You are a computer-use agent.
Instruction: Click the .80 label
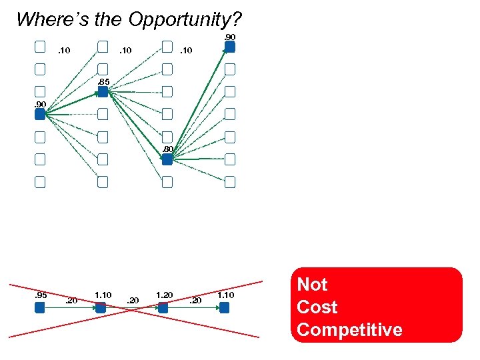[x=168, y=149]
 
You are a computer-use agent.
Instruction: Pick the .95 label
[x=41, y=295]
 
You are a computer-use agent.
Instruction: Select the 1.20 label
[x=164, y=295]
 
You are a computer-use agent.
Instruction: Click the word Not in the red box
[x=312, y=285]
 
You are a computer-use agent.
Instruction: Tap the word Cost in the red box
[x=317, y=307]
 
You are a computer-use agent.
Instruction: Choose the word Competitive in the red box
[x=349, y=329]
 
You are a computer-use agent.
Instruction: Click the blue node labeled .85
[x=103, y=92]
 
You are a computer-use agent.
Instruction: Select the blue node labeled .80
[x=167, y=159]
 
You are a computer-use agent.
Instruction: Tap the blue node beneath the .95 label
[x=39, y=308]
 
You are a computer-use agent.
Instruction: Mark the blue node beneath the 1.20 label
[x=162, y=308]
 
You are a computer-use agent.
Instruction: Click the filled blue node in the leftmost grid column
[x=39, y=114]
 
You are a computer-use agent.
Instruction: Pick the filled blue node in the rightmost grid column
[x=229, y=47]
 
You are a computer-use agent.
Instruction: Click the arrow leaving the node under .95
[x=69, y=308]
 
